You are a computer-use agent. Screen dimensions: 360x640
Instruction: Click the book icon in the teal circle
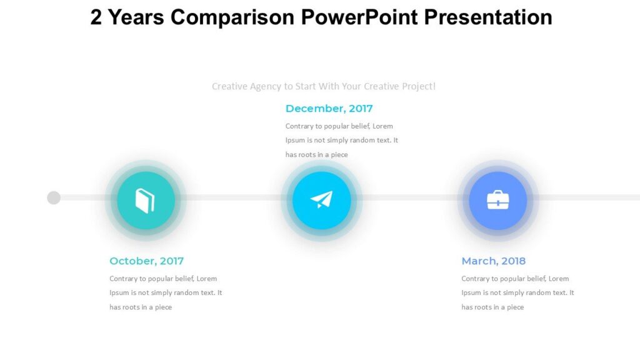(145, 201)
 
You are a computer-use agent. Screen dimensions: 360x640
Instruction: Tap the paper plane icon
(321, 200)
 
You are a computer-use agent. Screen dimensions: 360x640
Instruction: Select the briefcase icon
(497, 201)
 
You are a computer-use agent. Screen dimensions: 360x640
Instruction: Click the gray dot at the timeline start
(54, 197)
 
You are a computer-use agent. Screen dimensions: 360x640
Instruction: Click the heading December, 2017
(329, 109)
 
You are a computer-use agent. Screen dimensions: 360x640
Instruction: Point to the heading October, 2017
(146, 261)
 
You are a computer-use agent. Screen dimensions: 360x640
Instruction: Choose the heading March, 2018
(493, 261)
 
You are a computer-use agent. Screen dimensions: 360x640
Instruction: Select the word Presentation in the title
(488, 17)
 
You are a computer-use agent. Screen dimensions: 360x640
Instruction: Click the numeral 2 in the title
(96, 17)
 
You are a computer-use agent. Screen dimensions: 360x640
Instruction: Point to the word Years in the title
(136, 17)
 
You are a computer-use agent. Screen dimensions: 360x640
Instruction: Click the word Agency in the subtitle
(266, 86)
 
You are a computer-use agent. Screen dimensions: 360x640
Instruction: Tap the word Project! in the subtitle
(418, 86)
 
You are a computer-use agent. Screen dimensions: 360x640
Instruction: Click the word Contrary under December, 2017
(300, 126)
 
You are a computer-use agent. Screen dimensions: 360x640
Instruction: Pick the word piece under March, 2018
(515, 307)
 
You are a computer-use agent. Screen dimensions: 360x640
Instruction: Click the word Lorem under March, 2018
(558, 279)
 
